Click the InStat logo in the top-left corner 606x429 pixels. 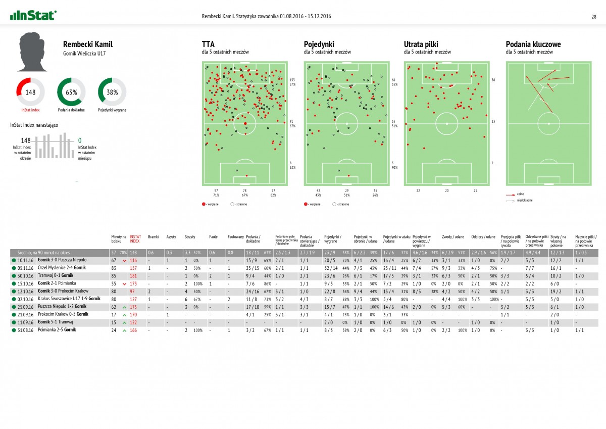click(x=33, y=16)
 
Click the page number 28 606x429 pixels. click(x=594, y=16)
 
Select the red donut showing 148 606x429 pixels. click(x=31, y=91)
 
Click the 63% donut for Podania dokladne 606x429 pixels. click(x=71, y=91)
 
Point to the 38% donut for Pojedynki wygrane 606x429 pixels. click(x=112, y=91)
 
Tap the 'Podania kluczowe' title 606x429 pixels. click(x=533, y=44)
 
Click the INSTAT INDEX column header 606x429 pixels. click(x=135, y=239)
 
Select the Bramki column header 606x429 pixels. click(x=154, y=236)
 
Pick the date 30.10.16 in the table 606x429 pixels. click(x=25, y=275)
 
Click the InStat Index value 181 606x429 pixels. click(x=134, y=275)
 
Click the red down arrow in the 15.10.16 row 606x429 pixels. click(x=125, y=283)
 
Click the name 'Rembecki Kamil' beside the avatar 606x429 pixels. click(x=84, y=44)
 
